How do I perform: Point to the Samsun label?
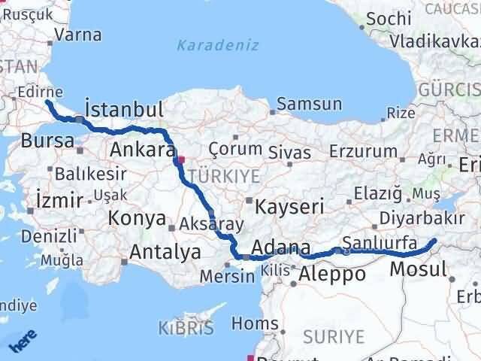pyautogui.click(x=309, y=105)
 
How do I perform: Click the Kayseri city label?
pyautogui.click(x=289, y=205)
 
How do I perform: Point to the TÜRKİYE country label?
pyautogui.click(x=224, y=176)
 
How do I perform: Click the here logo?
pyautogui.click(x=20, y=341)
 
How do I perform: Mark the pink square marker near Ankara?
pyautogui.click(x=180, y=159)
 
